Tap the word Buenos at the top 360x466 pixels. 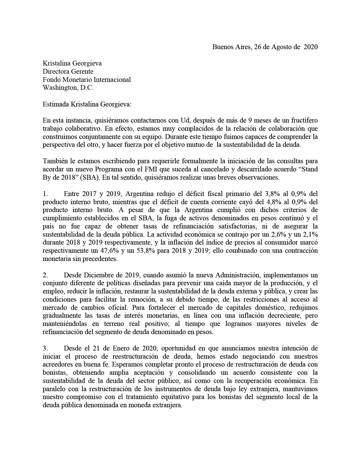222,47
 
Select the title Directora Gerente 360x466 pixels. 68,71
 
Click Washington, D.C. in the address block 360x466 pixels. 68,88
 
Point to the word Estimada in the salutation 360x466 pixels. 56,104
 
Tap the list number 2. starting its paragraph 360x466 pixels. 46,275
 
